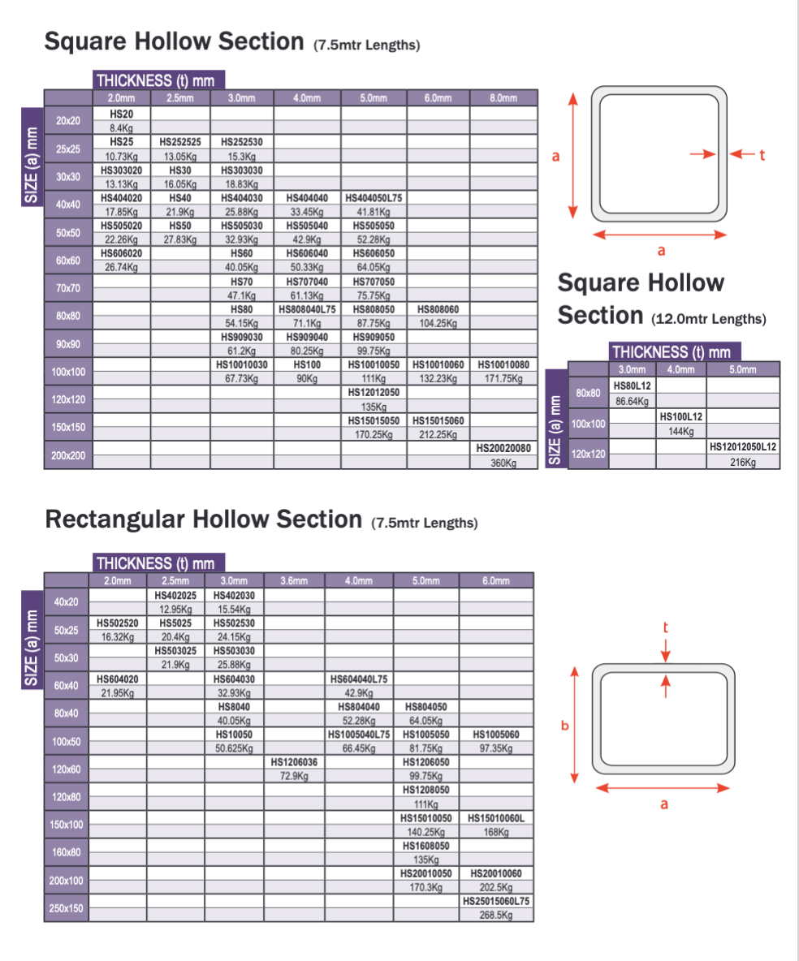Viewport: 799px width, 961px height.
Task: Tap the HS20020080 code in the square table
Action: (503, 448)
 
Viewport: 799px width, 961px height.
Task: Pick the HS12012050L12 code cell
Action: (743, 447)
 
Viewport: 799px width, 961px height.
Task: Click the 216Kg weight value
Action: (743, 462)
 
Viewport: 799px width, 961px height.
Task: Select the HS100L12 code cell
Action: (681, 416)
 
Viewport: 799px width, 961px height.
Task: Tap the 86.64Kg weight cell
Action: (633, 401)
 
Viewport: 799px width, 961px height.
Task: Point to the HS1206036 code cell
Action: (294, 762)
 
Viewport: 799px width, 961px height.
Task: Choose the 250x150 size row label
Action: (67, 908)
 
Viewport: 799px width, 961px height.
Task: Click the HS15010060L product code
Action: (496, 818)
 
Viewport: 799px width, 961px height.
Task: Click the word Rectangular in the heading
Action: (118, 518)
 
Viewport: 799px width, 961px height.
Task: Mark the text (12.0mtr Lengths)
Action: (709, 319)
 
